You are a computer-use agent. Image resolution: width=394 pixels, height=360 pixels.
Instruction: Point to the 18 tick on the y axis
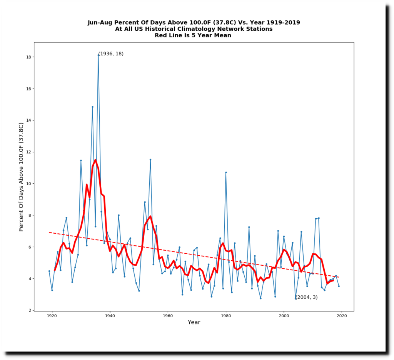pos(33,57)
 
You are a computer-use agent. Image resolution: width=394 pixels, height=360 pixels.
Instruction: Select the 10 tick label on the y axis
pos(28,184)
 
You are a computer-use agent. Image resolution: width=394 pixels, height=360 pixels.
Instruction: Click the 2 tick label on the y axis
pos(30,310)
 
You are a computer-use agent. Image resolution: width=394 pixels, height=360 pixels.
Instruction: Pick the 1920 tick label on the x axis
pos(52,316)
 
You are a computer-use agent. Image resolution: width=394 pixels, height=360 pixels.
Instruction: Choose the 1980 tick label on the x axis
pos(226,316)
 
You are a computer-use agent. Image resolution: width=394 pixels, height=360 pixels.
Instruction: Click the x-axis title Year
pos(194,323)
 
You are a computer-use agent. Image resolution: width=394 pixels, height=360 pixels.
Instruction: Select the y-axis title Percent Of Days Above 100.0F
pos(22,177)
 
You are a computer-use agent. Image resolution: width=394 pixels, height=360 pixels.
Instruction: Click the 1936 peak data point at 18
pos(98,55)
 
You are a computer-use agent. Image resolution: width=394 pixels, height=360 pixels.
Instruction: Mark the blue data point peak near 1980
pos(226,172)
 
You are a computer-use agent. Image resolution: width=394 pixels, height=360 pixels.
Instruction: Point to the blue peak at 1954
pos(150,159)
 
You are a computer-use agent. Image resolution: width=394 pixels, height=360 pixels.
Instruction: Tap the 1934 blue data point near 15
pos(92,107)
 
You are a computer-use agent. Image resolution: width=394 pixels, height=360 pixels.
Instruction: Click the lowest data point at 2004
pos(295,298)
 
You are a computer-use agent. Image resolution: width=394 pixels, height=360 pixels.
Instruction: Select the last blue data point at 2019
pos(339,286)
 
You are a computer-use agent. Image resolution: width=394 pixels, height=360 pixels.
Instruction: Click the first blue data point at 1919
pos(49,271)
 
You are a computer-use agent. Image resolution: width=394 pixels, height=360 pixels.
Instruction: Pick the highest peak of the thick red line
pos(95,160)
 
